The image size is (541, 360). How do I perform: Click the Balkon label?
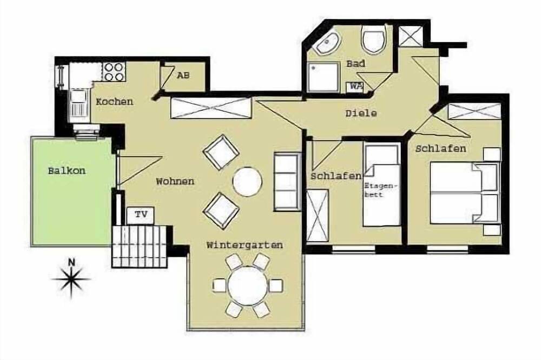tap(67, 171)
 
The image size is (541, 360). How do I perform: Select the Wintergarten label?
tap(245, 245)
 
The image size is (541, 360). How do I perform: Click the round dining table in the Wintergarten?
tap(248, 286)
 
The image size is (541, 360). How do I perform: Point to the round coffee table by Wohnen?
tap(247, 182)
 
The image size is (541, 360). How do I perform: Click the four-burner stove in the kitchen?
tap(114, 72)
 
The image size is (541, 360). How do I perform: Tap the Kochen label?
tap(114, 102)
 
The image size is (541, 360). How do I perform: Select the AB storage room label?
tap(183, 75)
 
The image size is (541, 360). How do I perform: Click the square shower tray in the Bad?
tap(323, 77)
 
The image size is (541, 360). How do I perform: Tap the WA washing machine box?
tap(355, 86)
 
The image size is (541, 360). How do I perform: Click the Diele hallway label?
tap(361, 113)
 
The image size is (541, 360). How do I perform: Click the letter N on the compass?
tap(71, 262)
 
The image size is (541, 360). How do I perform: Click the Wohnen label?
tap(175, 182)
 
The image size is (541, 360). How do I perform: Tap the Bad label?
tap(356, 63)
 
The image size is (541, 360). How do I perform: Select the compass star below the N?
tap(71, 280)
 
